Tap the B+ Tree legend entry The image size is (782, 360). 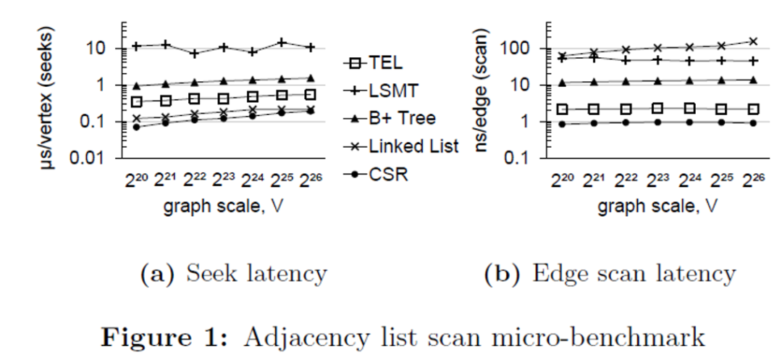pos(395,118)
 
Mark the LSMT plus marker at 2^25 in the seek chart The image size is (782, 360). pos(282,43)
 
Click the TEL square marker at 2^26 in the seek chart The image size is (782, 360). pos(311,94)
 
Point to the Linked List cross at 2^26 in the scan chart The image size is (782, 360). pos(754,41)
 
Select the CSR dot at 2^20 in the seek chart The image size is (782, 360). pos(136,127)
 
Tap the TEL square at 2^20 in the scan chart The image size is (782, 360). pos(562,109)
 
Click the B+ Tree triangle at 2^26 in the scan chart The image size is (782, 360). pos(754,80)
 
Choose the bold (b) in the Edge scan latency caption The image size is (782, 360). pos(499,274)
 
